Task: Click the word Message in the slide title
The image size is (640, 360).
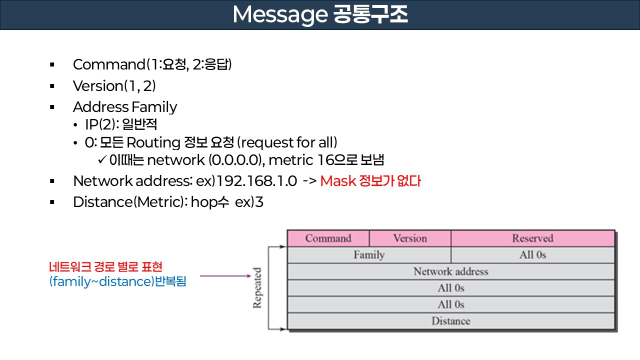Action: pyautogui.click(x=278, y=15)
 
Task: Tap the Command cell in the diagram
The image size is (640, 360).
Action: pyautogui.click(x=328, y=238)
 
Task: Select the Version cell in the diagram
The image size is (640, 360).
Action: pyautogui.click(x=410, y=238)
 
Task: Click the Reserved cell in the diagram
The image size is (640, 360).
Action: pyautogui.click(x=532, y=238)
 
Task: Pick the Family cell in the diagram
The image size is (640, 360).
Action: pyautogui.click(x=369, y=255)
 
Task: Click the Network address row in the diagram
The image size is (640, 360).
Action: pyautogui.click(x=450, y=271)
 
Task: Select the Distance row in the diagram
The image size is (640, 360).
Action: pyautogui.click(x=450, y=321)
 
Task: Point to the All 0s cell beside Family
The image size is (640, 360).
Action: pyautogui.click(x=532, y=255)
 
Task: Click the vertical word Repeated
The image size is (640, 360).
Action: pyautogui.click(x=257, y=288)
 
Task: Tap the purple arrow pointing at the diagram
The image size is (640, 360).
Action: pyautogui.click(x=225, y=275)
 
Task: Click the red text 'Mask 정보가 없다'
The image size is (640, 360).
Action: pyautogui.click(x=370, y=181)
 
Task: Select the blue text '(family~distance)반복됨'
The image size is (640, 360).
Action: pyautogui.click(x=117, y=281)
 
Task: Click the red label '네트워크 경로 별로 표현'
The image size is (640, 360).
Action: pyautogui.click(x=105, y=267)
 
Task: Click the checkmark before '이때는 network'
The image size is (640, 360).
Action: pyautogui.click(x=101, y=160)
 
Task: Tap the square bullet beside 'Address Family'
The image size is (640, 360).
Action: pyautogui.click(x=51, y=107)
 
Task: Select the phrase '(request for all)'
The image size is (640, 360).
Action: pyautogui.click(x=287, y=142)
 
